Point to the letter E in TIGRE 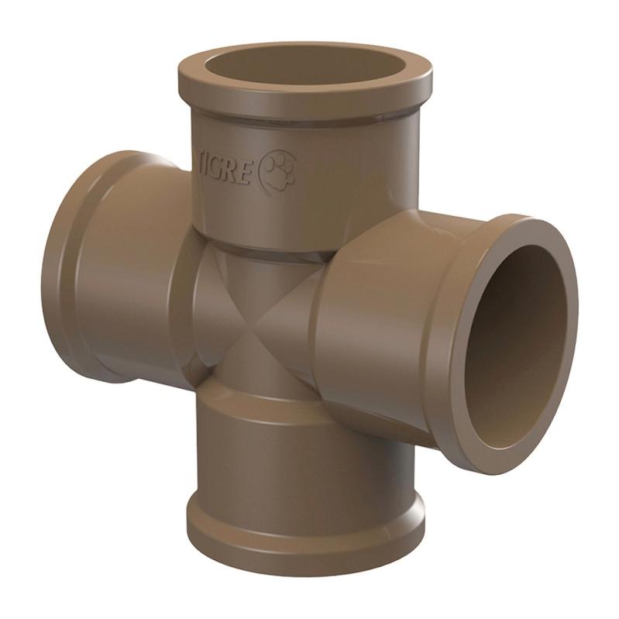[x=245, y=177]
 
